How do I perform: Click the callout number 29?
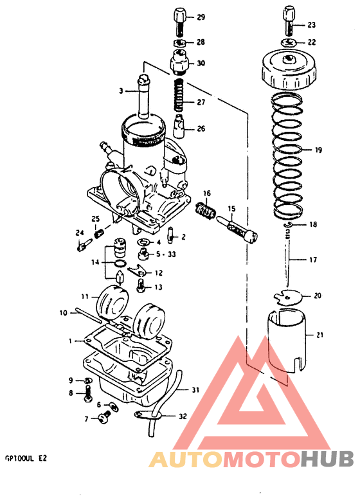coord(201,17)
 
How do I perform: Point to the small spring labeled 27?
coord(181,100)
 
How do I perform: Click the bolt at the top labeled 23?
coord(290,21)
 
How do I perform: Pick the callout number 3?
coord(120,91)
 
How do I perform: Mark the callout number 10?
coord(63,313)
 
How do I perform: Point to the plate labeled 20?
coord(287,297)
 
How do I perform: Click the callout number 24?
coord(80,233)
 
